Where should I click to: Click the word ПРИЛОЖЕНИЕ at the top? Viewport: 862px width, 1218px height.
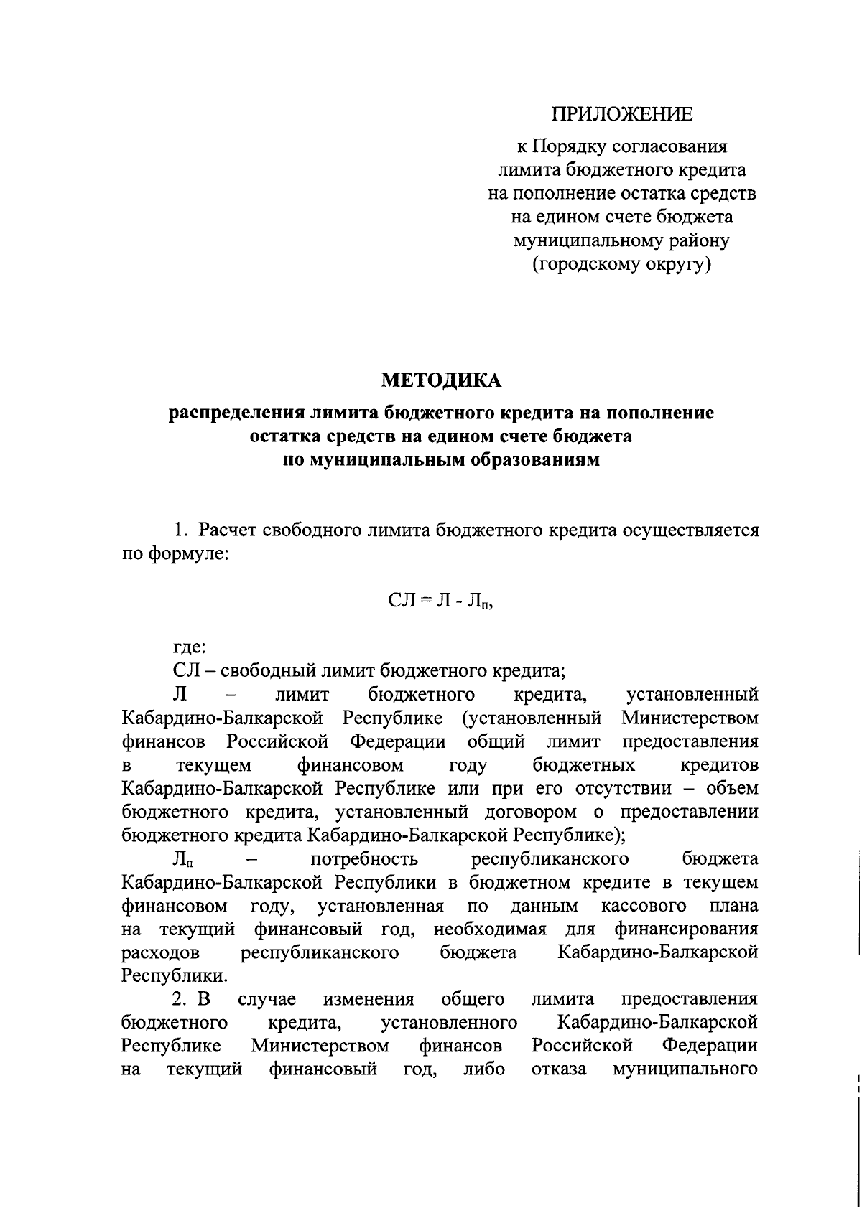coord(622,114)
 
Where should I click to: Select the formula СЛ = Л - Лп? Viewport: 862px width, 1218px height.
coord(441,601)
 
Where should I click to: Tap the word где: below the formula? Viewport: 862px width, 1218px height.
coord(190,647)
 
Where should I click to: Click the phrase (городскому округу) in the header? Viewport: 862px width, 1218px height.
coord(621,265)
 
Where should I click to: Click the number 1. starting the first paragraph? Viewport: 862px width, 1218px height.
coord(180,530)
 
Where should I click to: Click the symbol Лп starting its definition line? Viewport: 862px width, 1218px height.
coord(183,859)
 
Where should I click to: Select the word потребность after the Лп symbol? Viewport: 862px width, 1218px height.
coord(363,858)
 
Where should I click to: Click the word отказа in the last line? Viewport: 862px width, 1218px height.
coord(559,1069)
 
